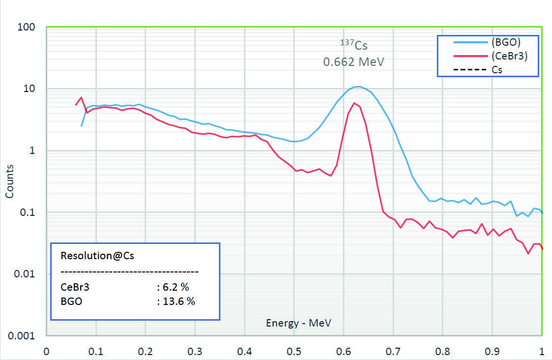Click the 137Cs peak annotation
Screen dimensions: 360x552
(354, 46)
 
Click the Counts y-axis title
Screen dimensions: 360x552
(9, 181)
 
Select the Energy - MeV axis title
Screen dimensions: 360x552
(298, 323)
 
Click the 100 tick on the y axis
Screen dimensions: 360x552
(27, 27)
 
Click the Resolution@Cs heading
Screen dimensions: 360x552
(97, 256)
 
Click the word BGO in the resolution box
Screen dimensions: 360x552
(71, 301)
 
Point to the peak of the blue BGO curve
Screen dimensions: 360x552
(359, 87)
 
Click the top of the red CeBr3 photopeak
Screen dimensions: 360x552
(354, 103)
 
